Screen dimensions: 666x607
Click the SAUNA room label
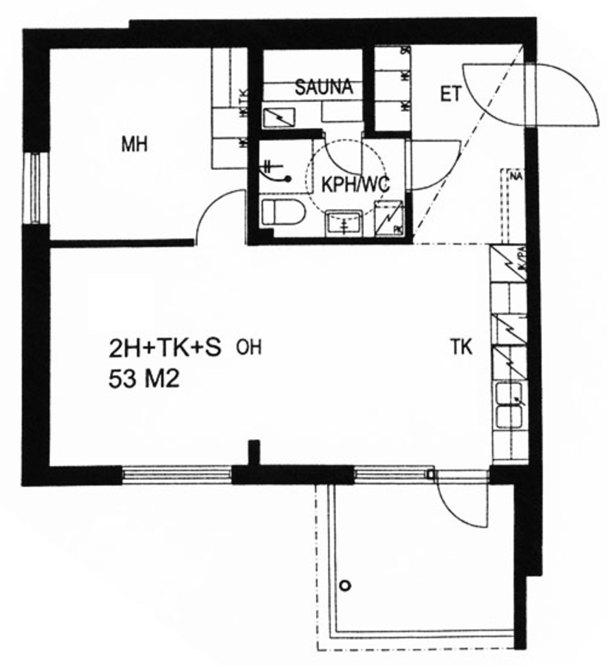[324, 87]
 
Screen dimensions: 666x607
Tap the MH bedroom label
[134, 145]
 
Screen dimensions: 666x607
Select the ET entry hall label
[450, 94]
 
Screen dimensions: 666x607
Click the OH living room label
[249, 348]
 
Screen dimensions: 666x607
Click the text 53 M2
[144, 379]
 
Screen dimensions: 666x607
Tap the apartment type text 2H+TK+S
[165, 349]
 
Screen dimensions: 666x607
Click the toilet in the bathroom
[283, 212]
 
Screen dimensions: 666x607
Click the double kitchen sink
[509, 405]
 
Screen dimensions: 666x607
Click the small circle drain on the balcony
[345, 586]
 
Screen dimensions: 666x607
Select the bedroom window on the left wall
[36, 188]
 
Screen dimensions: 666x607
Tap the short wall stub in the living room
[254, 452]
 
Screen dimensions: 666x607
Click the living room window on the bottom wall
[176, 475]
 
